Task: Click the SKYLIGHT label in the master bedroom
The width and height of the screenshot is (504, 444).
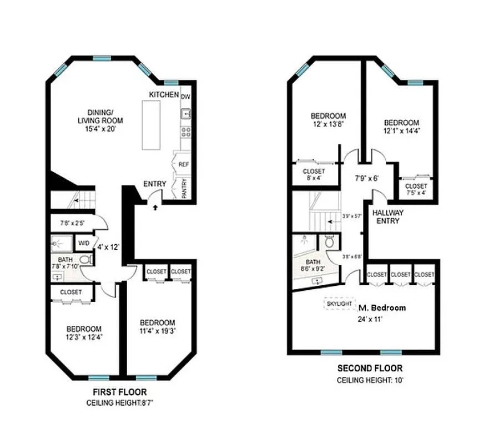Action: click(x=339, y=304)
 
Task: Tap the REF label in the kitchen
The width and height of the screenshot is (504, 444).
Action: click(x=183, y=164)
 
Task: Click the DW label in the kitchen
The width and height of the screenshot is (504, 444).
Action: click(x=186, y=96)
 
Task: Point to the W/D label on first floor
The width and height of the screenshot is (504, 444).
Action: click(x=84, y=243)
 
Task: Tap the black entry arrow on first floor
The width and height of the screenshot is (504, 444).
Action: click(x=155, y=207)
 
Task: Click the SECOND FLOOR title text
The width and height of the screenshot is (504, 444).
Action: click(x=370, y=368)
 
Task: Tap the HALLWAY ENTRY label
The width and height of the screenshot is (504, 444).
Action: click(x=387, y=216)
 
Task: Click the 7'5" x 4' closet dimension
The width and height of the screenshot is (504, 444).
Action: click(x=416, y=193)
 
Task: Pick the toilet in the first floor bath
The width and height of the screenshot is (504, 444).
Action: click(x=85, y=260)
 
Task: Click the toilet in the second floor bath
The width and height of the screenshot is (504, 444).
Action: click(x=330, y=242)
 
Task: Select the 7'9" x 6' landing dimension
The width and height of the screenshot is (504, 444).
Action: click(x=366, y=179)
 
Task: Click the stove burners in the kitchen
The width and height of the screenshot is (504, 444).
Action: click(x=185, y=132)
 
